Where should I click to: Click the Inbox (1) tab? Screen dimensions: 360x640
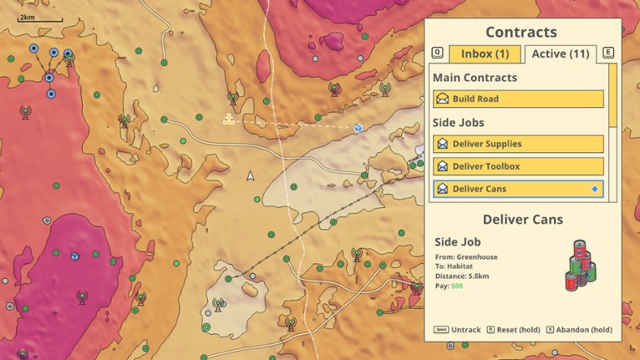click(484, 54)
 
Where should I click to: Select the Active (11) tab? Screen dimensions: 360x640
click(560, 54)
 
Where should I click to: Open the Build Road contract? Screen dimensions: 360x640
click(518, 99)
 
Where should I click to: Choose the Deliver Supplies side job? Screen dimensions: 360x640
click(518, 144)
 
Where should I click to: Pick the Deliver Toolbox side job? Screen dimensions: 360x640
click(518, 167)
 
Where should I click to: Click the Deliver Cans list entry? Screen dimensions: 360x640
click(518, 189)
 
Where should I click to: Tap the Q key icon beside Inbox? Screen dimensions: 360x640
click(437, 53)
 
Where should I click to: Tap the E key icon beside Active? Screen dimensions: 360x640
click(608, 53)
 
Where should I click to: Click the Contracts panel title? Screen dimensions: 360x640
click(521, 33)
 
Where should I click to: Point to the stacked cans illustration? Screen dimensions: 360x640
click(581, 265)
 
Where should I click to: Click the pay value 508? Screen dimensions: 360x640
click(457, 286)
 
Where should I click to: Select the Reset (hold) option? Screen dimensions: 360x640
click(518, 330)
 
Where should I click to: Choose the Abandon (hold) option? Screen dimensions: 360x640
click(582, 330)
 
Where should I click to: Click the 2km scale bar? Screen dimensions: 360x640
click(40, 18)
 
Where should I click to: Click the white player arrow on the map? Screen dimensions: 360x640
click(250, 176)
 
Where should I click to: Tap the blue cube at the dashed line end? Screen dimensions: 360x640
click(358, 127)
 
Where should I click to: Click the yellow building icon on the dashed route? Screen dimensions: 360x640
click(228, 120)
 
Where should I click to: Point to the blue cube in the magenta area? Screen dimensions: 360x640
click(75, 255)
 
